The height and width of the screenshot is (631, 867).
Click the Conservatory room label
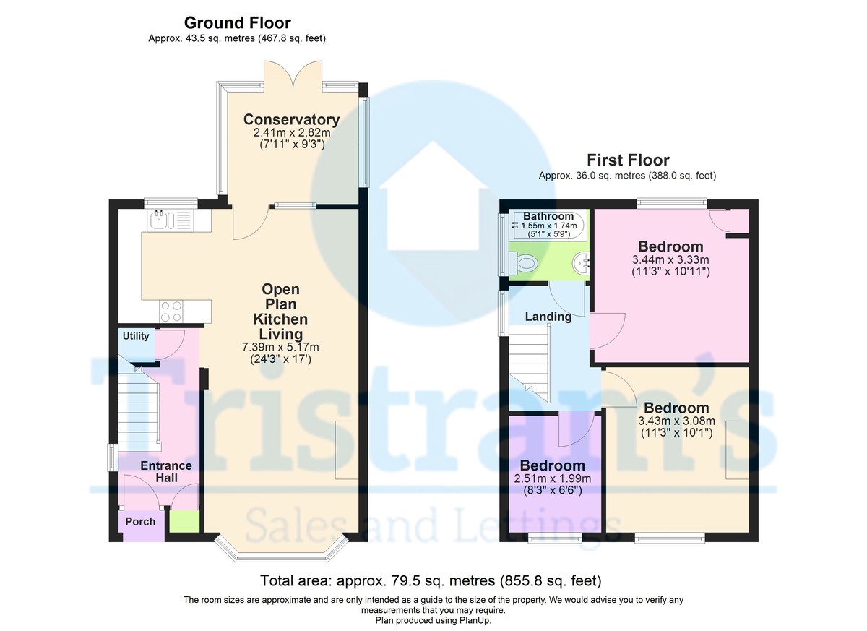[x=291, y=120]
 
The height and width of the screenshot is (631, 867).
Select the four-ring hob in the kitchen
[x=171, y=311]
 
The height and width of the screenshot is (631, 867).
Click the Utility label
[x=136, y=336]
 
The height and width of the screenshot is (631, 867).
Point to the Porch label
[x=140, y=521]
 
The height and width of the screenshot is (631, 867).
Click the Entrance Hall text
[x=165, y=472]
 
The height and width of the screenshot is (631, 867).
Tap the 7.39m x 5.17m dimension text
[x=280, y=347]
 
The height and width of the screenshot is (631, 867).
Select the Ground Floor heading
[x=238, y=23]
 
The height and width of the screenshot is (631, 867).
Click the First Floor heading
[x=627, y=160]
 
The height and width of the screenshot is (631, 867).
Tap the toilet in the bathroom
[x=525, y=265]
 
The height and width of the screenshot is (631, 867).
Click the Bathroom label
[x=548, y=216]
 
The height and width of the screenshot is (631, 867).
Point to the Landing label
[x=548, y=317]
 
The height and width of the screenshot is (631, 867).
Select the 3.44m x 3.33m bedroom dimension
[x=670, y=260]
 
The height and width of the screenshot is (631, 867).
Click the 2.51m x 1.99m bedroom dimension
[x=553, y=478]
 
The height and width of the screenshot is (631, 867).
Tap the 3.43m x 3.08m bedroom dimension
[x=676, y=421]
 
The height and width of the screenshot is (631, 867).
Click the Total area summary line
[x=431, y=580]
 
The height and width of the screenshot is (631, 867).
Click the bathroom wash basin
[x=580, y=264]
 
